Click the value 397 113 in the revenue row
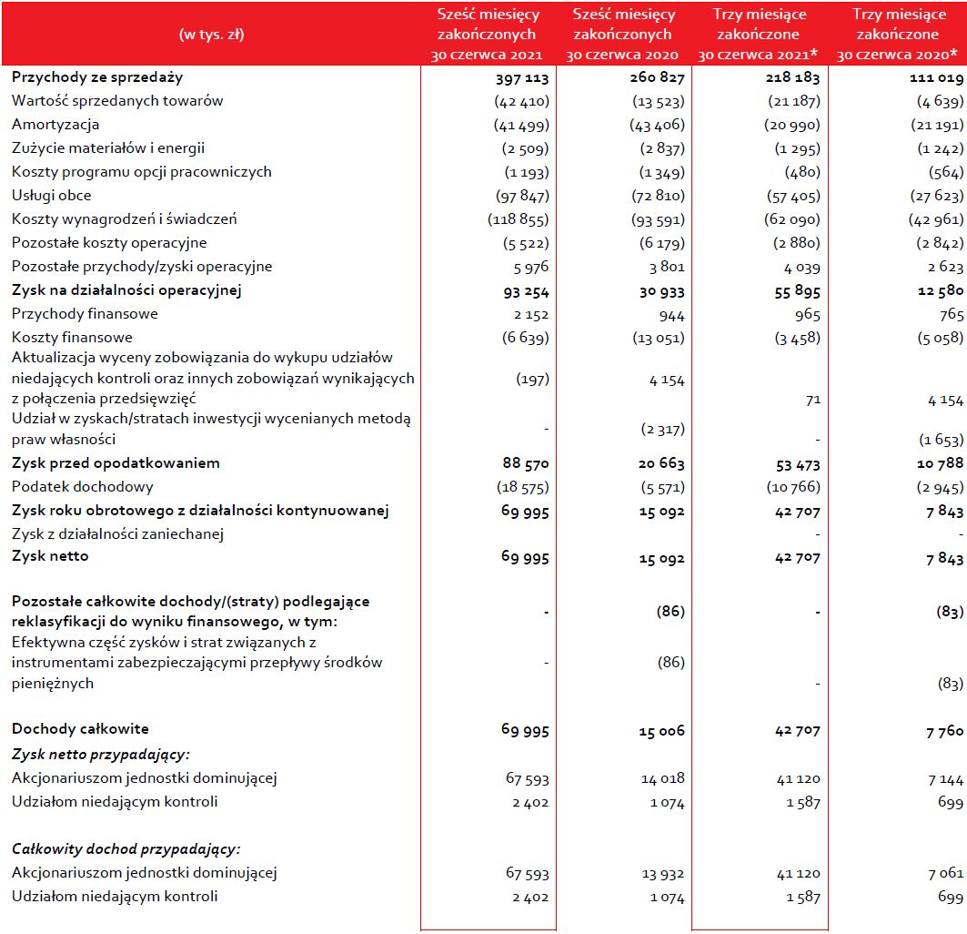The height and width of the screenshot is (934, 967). (x=519, y=79)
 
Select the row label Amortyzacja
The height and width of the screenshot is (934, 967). (x=55, y=125)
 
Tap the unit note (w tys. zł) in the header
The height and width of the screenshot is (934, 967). (x=212, y=35)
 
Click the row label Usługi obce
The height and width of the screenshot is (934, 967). (x=52, y=196)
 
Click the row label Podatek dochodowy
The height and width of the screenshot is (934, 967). (x=83, y=487)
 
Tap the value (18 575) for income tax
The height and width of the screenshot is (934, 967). (x=521, y=488)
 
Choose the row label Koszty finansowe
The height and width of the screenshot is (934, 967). (x=72, y=338)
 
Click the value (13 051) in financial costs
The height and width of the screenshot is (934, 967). (x=657, y=339)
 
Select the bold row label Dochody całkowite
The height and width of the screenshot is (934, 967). (x=80, y=729)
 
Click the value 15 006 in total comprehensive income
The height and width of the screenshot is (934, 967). (x=660, y=731)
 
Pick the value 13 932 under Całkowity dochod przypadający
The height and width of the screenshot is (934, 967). (x=661, y=874)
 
